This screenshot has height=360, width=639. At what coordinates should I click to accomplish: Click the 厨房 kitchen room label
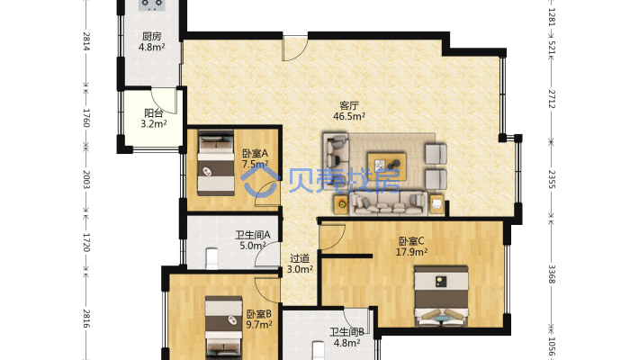pyautogui.click(x=151, y=37)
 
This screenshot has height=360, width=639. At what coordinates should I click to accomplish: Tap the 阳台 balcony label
pyautogui.click(x=154, y=112)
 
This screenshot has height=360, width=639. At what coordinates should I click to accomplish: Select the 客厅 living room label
pyautogui.click(x=349, y=105)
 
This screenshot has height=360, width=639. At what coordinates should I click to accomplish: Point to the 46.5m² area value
pyautogui.click(x=349, y=116)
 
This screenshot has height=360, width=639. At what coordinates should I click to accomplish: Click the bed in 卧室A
pyautogui.click(x=216, y=163)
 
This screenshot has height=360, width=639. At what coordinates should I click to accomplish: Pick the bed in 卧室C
pyautogui.click(x=441, y=296)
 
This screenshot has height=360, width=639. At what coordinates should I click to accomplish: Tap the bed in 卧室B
pyautogui.click(x=224, y=328)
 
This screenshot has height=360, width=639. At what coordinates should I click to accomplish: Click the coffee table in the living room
pyautogui.click(x=387, y=165)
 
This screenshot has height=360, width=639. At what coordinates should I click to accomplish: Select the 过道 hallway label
pyautogui.click(x=300, y=258)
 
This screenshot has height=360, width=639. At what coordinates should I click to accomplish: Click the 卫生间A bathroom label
pyautogui.click(x=253, y=235)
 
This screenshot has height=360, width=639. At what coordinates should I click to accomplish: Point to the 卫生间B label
pyautogui.click(x=346, y=332)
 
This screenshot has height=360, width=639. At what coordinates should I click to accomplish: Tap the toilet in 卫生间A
pyautogui.click(x=211, y=258)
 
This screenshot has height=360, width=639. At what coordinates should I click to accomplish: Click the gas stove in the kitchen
pyautogui.click(x=152, y=4)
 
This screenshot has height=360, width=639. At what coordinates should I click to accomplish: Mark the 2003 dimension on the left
pyautogui.click(x=86, y=179)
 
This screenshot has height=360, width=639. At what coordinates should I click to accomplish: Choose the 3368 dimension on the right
pyautogui.click(x=552, y=274)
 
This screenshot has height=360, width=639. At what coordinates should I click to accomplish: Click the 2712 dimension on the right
pyautogui.click(x=552, y=99)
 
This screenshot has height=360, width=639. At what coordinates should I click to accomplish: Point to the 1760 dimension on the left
pyautogui.click(x=86, y=117)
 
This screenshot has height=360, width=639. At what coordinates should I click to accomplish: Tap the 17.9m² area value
pyautogui.click(x=411, y=252)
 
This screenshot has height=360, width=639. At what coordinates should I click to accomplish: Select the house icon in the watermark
pyautogui.click(x=260, y=182)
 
